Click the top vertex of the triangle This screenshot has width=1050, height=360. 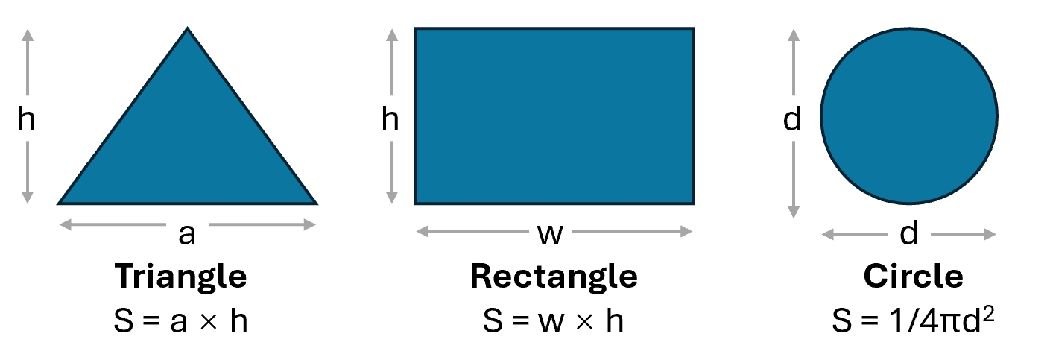187,28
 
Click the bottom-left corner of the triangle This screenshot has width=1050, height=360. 57,204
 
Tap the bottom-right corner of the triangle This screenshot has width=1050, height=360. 317,204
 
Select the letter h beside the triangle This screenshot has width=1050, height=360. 26,119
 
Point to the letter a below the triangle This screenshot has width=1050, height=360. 187,234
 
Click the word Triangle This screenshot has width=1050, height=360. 180,277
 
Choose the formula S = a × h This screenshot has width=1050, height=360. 180,321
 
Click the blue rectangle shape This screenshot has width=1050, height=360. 554,116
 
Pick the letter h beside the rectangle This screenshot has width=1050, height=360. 390,119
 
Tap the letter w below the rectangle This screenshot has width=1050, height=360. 550,234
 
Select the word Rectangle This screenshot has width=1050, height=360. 554,277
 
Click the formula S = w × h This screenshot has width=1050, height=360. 553,321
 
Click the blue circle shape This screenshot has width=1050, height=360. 909,116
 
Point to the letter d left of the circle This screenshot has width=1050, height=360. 792,119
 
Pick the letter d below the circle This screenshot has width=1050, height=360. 908,233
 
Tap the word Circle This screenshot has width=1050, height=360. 913,276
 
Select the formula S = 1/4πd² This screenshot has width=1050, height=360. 913,320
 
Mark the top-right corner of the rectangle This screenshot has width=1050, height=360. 694,28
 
